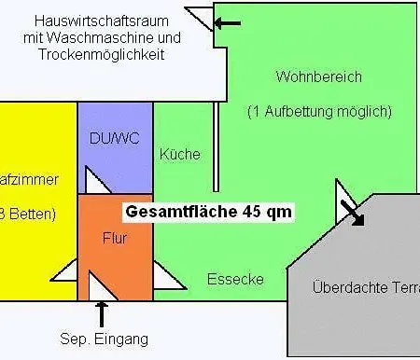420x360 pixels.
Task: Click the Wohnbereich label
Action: [318, 76]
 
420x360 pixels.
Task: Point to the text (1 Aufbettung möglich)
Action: [318, 111]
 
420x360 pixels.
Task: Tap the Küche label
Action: [180, 154]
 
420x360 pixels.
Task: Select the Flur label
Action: [114, 238]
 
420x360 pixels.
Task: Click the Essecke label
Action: [235, 279]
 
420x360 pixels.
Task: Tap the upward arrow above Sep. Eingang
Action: [101, 312]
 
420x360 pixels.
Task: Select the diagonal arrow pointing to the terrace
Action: [353, 213]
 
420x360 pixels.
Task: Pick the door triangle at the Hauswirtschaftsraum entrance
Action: [202, 19]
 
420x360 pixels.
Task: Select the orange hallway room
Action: [114, 256]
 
